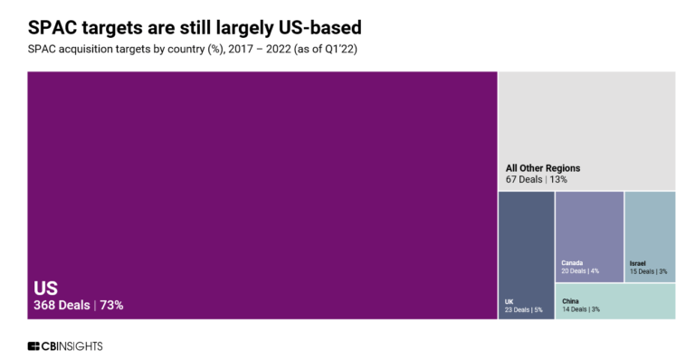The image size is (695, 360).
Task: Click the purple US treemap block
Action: [262, 181]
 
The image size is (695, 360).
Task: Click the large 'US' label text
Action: [46, 289]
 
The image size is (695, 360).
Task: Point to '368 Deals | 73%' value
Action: [79, 306]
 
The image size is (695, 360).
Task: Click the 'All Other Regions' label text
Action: [543, 168]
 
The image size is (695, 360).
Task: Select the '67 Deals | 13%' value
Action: [537, 179]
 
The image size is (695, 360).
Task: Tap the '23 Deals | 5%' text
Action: [522, 309]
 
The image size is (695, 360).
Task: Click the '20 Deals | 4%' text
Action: [580, 270]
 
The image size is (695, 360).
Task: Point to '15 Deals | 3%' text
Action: [649, 270]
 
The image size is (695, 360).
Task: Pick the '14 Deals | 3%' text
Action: [580, 309]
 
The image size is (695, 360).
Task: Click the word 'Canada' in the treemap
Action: [572, 262]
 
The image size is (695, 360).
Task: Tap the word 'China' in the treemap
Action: [570, 301]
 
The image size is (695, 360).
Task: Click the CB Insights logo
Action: [65, 346]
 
